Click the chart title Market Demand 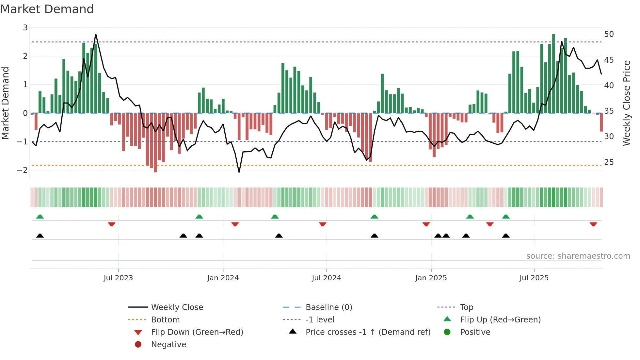47,9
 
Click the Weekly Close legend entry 177,307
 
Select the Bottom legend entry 165,319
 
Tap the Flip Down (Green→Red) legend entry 197,332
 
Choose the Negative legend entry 168,344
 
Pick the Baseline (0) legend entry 328,307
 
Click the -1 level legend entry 320,319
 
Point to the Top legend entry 466,307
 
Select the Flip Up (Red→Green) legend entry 500,319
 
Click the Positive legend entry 475,332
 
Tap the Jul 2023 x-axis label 118,278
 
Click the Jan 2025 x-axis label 431,278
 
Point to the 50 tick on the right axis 609,34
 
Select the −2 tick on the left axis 22,170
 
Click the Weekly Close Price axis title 626,103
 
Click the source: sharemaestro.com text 578,256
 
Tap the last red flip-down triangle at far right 593,224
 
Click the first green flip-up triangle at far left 40,217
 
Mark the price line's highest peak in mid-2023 96,34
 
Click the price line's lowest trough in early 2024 239,172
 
